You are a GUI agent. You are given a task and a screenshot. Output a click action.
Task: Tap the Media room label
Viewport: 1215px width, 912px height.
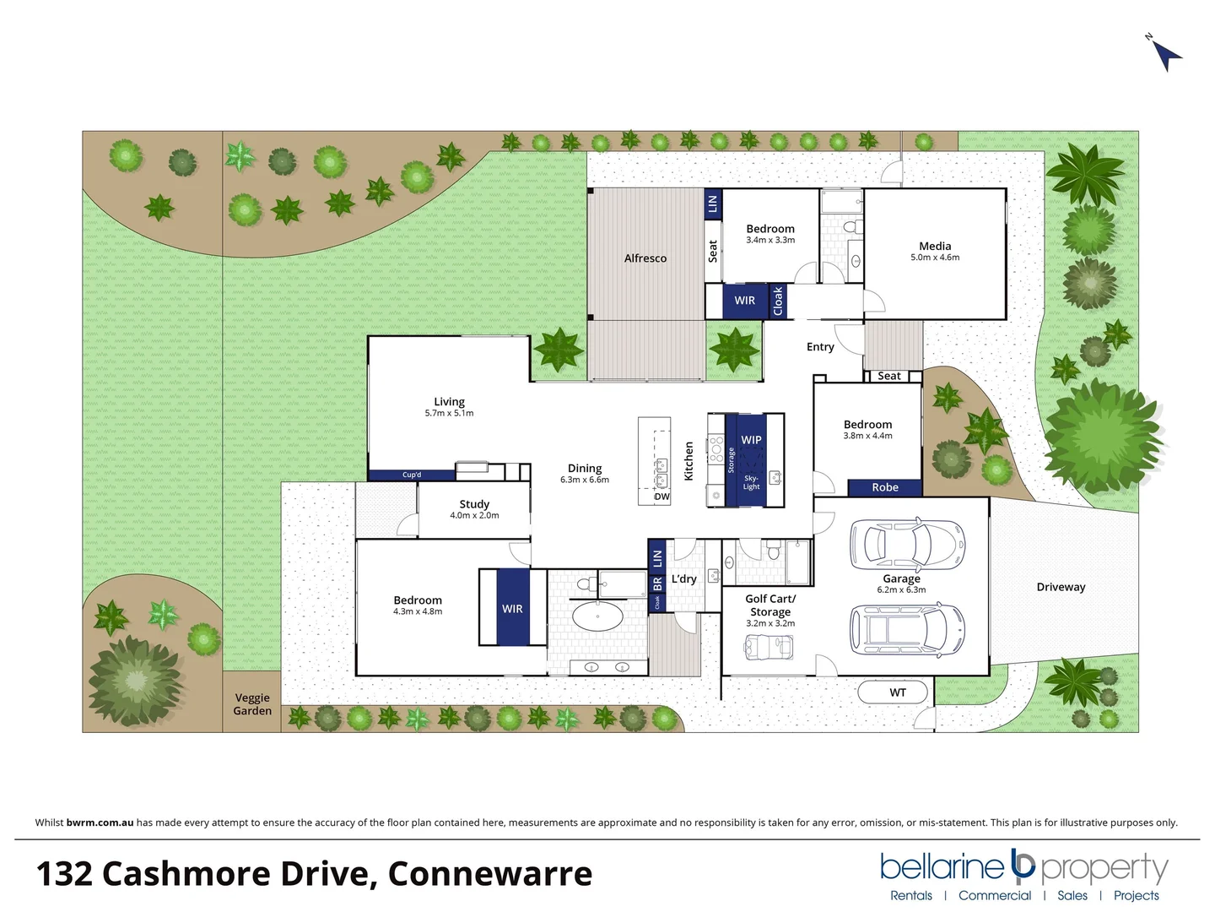coord(935,246)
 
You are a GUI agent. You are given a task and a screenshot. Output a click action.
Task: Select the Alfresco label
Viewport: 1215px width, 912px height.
coord(645,258)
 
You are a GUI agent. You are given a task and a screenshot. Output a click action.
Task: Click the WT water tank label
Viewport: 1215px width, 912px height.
coord(898,692)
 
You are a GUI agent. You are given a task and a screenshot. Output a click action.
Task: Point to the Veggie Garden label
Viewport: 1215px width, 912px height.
coord(252,704)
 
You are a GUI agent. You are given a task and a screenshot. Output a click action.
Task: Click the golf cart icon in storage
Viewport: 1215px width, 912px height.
coord(769,647)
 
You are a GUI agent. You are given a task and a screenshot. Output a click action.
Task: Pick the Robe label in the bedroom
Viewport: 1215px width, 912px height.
coord(885,487)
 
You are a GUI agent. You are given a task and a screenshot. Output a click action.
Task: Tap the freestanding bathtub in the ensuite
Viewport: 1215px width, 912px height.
coord(598,614)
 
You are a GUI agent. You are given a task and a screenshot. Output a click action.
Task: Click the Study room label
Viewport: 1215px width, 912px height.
coord(474,504)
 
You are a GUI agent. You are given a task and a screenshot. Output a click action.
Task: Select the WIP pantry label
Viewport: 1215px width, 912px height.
coord(751,440)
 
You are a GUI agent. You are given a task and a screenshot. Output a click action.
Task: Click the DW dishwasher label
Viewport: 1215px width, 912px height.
coord(662,497)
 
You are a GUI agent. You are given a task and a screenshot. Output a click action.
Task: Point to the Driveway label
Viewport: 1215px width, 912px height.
coord(1061,587)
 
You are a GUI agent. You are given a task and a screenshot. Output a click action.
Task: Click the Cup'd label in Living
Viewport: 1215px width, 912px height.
coord(412,475)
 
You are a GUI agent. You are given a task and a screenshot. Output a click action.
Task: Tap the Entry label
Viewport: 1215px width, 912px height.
coord(820,347)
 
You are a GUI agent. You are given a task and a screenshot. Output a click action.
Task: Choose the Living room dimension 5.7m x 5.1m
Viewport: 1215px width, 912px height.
coord(449,414)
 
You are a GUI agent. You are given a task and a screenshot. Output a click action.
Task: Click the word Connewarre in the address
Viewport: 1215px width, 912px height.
coord(489,874)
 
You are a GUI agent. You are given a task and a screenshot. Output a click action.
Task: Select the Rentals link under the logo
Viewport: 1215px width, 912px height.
coord(911,895)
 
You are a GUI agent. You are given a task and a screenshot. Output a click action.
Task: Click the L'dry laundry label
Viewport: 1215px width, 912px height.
coord(684,578)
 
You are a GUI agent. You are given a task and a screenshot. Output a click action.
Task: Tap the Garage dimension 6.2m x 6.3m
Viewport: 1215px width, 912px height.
coord(901,589)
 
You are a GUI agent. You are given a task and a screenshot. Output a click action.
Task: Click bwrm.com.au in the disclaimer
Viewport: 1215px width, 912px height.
coord(100,822)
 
